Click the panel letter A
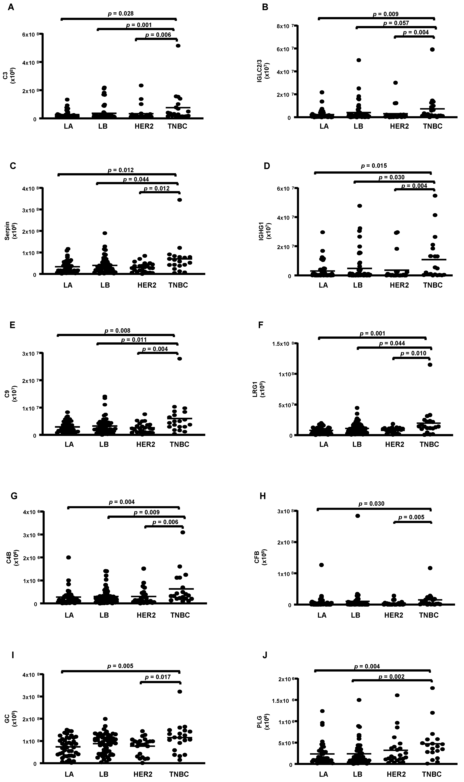(x=11, y=7)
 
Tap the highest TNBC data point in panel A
(x=178, y=46)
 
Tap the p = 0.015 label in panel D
(x=374, y=166)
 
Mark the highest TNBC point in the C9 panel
(x=179, y=359)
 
